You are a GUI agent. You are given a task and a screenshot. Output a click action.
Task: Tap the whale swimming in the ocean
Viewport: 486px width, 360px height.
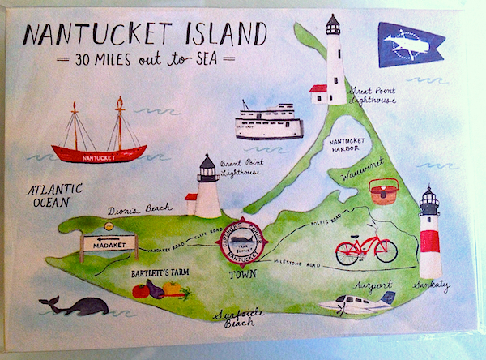[78, 306]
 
